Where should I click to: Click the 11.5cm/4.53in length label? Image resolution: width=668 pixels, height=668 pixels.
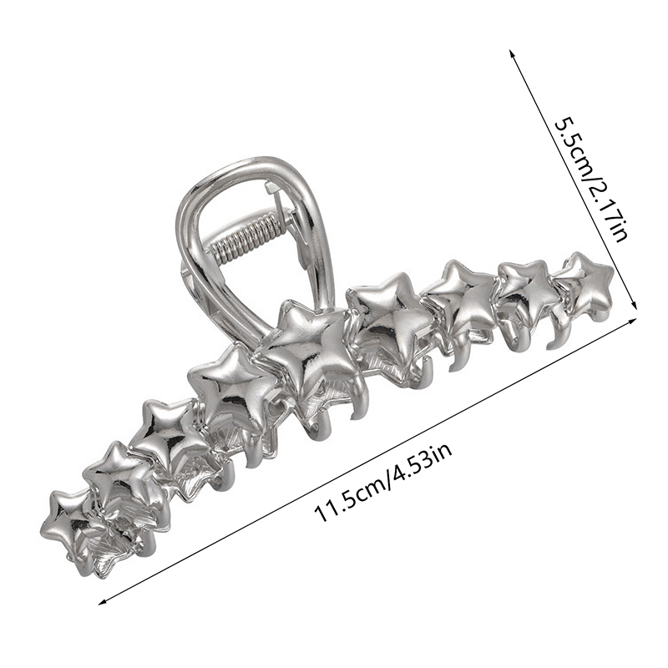coord(382,483)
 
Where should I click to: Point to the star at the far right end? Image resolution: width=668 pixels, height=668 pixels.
coord(589,281)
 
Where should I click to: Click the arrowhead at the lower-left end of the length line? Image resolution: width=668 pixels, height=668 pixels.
coord(101,602)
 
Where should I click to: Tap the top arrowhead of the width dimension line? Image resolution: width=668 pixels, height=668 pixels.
coord(512,53)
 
